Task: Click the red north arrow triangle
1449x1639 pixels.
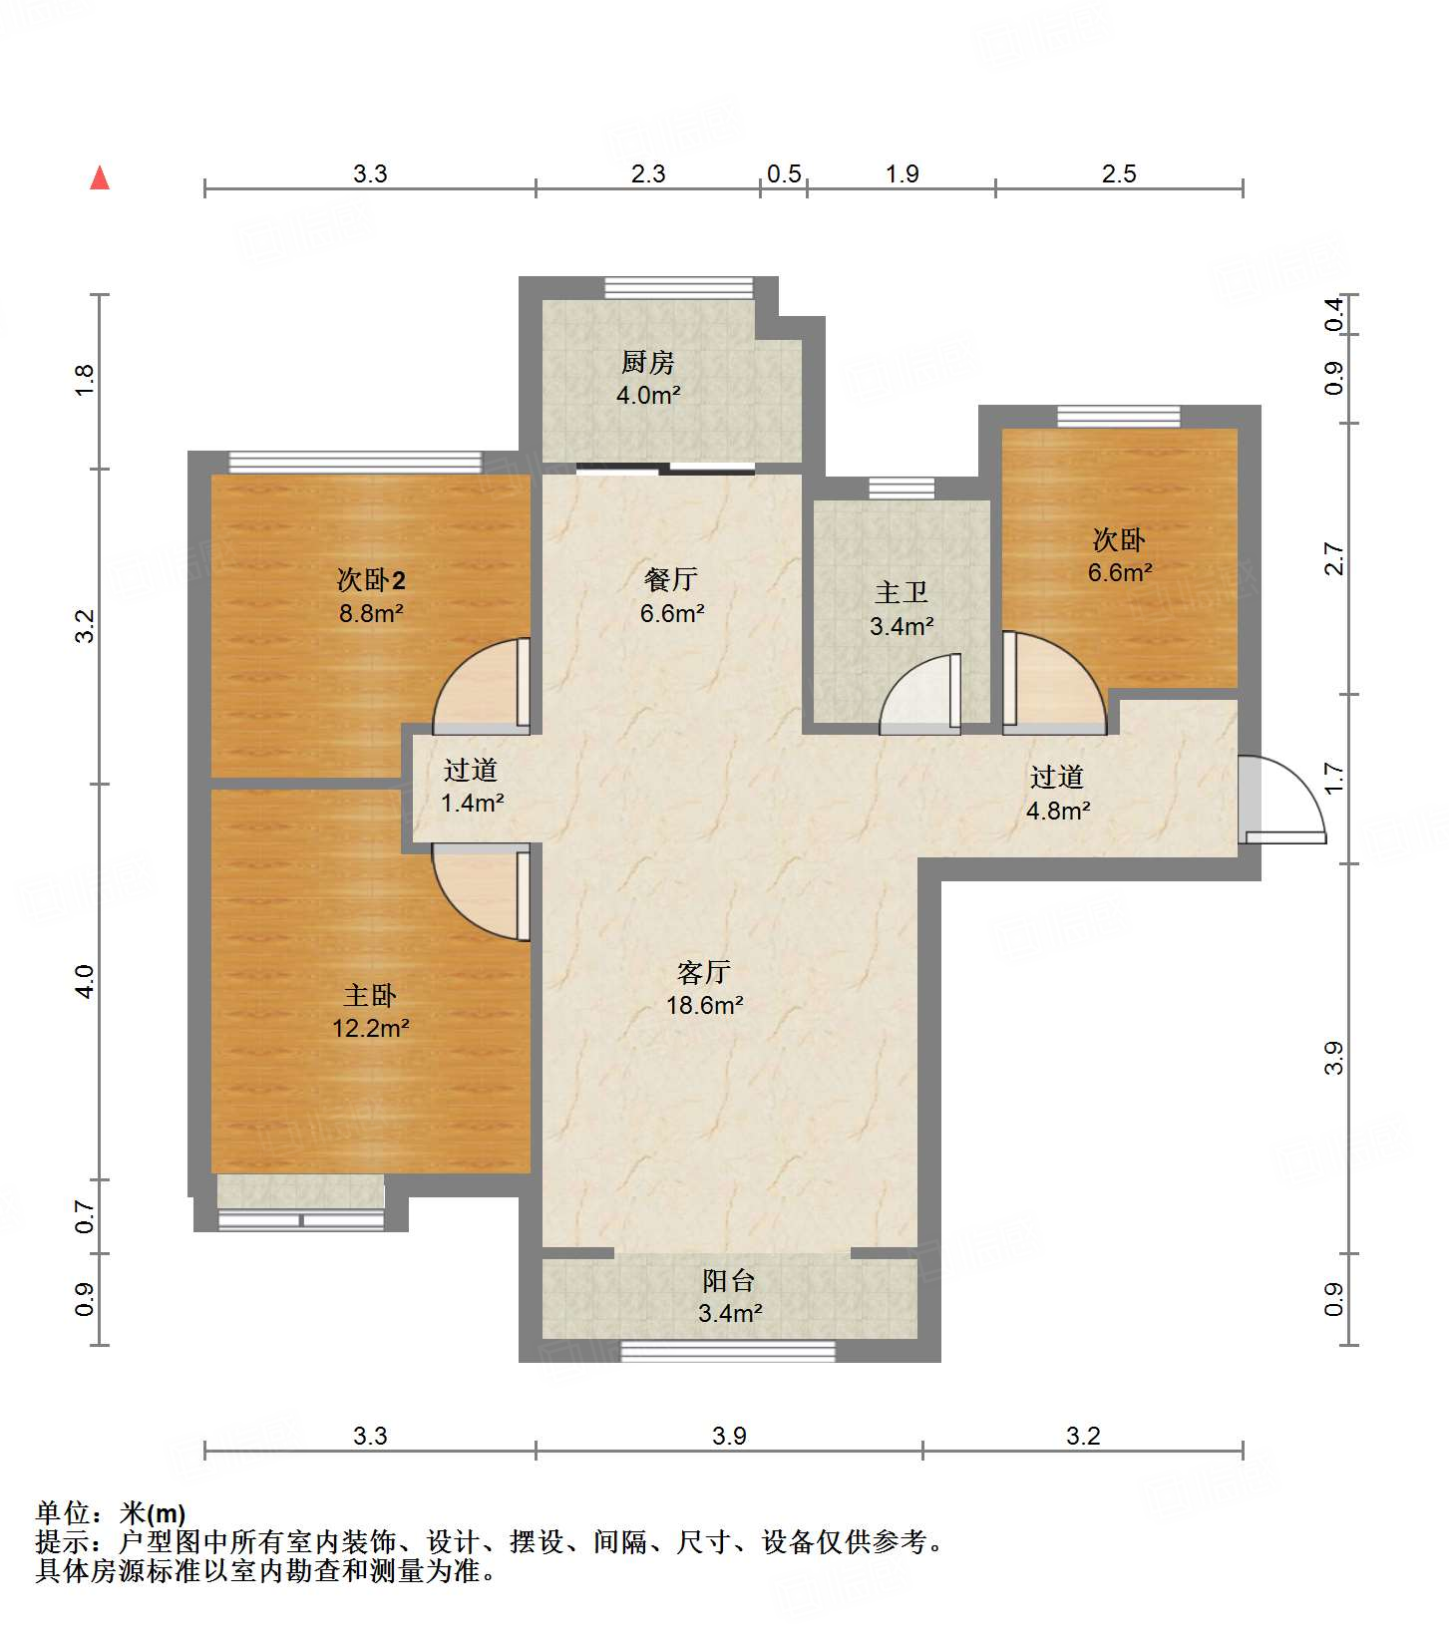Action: click(100, 177)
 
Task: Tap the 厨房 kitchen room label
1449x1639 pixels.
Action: click(648, 362)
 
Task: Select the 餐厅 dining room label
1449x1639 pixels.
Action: click(671, 579)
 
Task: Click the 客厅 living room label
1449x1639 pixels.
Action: click(704, 972)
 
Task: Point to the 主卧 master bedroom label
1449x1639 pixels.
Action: click(370, 995)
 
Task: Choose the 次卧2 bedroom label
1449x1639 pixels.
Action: click(371, 579)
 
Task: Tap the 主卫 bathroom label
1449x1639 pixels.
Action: click(902, 593)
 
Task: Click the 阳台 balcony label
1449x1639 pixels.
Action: click(729, 1280)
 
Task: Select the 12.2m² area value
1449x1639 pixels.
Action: click(371, 1028)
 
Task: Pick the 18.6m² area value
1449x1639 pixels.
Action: click(704, 1005)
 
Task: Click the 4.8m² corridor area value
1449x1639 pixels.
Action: click(1058, 810)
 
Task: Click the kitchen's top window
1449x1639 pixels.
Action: click(678, 287)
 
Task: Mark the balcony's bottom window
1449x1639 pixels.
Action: click(728, 1352)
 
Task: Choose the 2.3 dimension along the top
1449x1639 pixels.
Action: click(648, 173)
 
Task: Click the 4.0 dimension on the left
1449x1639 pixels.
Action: click(85, 982)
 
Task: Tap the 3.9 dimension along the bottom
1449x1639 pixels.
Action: click(729, 1436)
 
